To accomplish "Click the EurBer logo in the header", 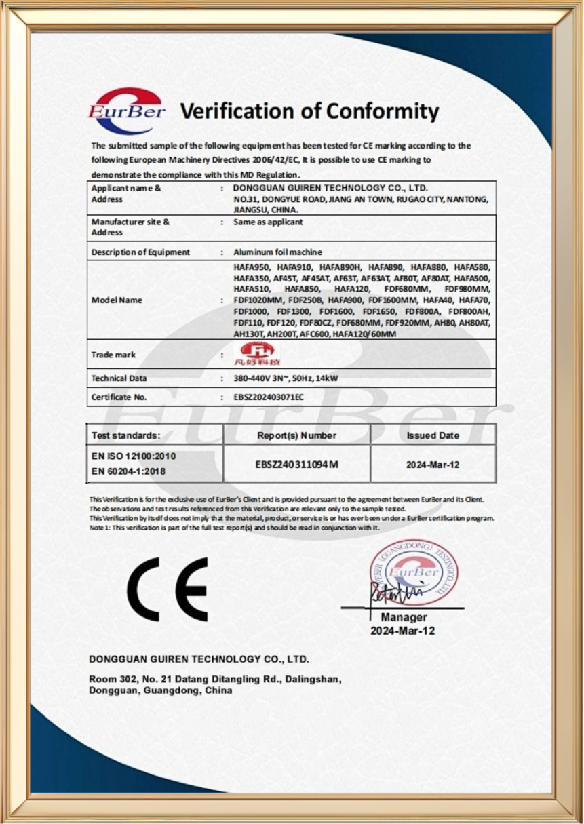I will pos(126,111).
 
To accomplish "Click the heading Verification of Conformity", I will pos(309,111).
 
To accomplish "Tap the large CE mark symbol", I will pos(168,589).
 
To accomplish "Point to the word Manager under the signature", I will pos(404,617).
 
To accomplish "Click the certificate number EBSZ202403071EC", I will pos(269,397).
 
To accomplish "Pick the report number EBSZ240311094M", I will pos(297,464).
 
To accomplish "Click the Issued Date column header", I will pos(433,435).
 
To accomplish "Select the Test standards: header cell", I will pos(126,435).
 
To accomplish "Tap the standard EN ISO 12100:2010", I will pos(128,456).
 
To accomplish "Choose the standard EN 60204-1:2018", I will pos(128,471).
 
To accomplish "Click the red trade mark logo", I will pos(259,354).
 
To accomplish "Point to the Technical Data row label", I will pos(119,378).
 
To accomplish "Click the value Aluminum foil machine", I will pos(277,252).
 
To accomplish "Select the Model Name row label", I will pos(117,300).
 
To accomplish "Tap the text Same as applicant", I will pos(268,222).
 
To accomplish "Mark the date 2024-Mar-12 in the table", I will pos(433,465).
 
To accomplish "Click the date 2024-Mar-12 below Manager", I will pos(403,631).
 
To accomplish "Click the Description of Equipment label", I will pos(140,252).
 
